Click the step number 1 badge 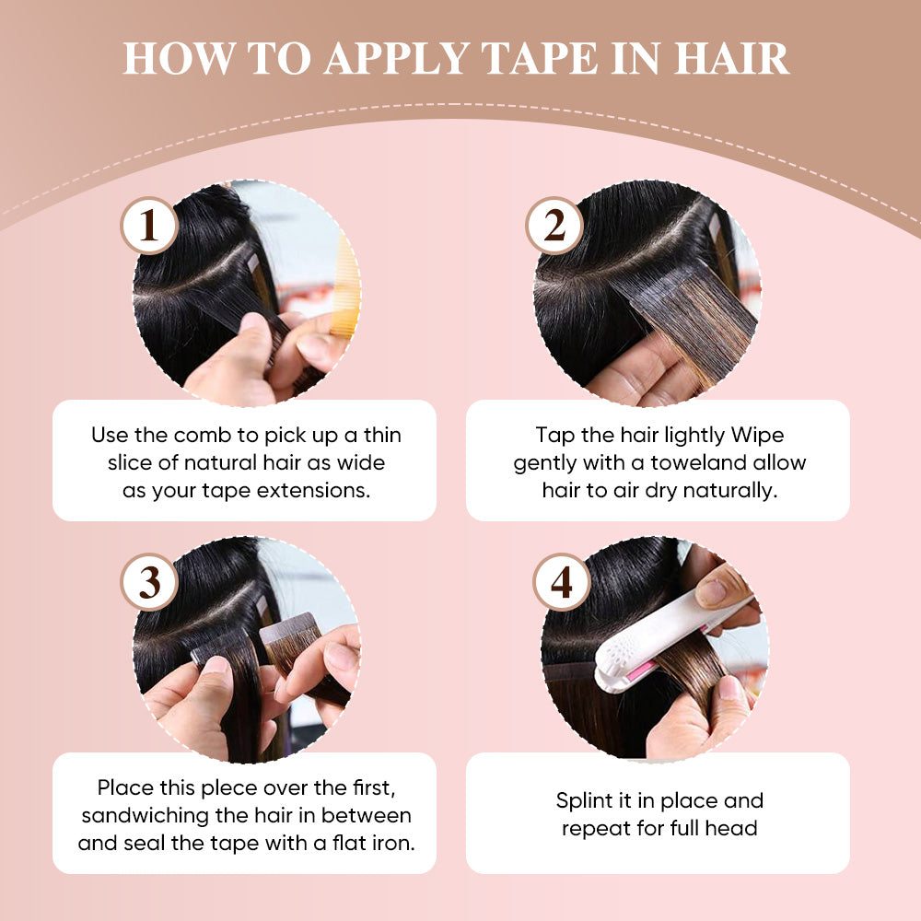coord(149,226)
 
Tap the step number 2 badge coord(554,226)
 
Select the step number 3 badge coord(149,582)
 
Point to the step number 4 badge coord(562,582)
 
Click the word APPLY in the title coord(395,59)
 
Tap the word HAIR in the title coord(730,59)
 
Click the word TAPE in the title coord(539,59)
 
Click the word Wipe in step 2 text coord(757,436)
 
